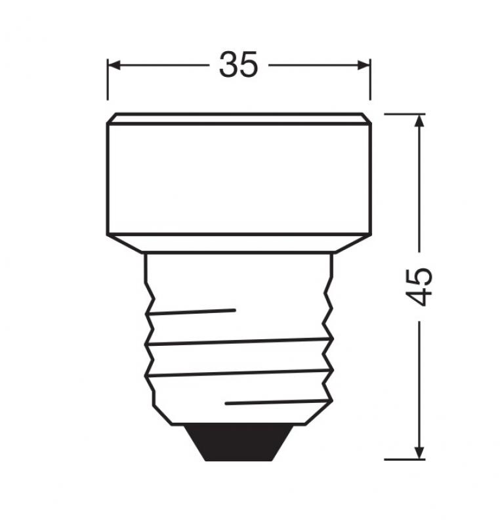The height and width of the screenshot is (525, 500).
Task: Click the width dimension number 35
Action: (x=239, y=65)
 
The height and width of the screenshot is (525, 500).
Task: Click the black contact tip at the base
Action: (x=239, y=442)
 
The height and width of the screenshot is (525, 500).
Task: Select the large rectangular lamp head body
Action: (x=239, y=177)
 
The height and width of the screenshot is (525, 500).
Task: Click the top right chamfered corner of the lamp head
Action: (x=367, y=118)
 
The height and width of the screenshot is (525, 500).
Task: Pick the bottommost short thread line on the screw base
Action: (x=276, y=401)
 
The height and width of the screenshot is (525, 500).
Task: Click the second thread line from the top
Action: (x=239, y=341)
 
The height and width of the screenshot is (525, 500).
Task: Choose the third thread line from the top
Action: (x=239, y=373)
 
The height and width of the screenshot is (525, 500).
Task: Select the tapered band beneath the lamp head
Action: (x=239, y=243)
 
